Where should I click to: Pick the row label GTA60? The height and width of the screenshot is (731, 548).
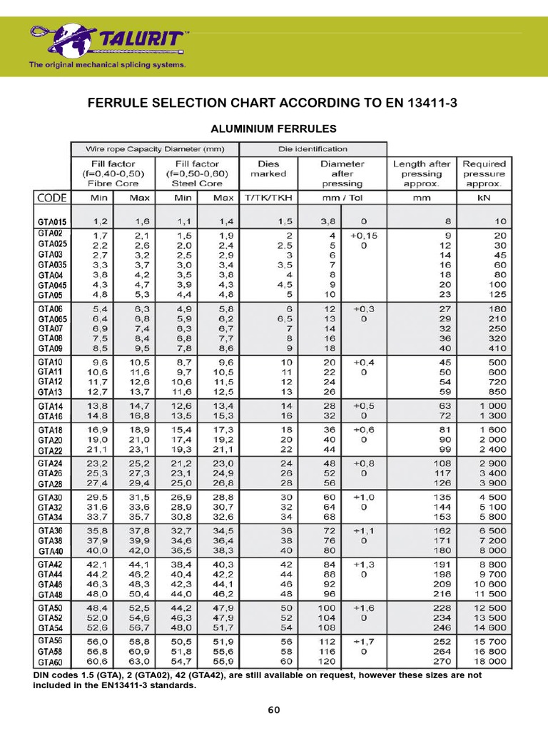click(52, 661)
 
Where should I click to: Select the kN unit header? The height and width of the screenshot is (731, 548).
click(484, 197)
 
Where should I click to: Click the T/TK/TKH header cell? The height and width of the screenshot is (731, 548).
click(268, 197)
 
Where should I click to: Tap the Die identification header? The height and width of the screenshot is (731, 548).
click(313, 149)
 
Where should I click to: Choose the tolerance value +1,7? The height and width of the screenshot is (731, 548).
click(365, 641)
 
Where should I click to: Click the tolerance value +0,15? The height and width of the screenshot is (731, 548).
click(365, 234)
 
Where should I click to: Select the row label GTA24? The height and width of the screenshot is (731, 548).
click(52, 463)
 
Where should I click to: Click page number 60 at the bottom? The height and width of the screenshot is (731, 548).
click(274, 710)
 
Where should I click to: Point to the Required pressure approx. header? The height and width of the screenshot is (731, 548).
click(484, 173)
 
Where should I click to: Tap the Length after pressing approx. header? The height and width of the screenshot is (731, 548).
click(422, 173)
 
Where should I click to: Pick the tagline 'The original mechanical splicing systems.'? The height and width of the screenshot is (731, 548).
click(107, 64)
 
